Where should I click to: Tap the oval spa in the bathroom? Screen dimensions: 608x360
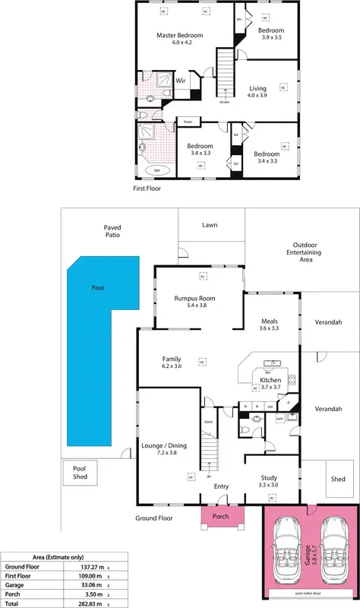pos(158,170)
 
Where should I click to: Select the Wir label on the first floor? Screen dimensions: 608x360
pos(181,80)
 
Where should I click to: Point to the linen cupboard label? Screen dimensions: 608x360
pos(187,121)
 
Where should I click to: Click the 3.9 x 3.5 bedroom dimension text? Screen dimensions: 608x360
pos(271,37)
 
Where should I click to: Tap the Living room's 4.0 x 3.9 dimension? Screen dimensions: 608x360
pos(263,96)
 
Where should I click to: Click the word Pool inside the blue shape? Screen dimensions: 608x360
pos(97,289)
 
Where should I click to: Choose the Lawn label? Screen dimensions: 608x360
pos(210,225)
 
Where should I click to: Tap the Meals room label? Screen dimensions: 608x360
pos(270,321)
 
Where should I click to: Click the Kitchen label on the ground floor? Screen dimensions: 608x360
pos(271,380)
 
